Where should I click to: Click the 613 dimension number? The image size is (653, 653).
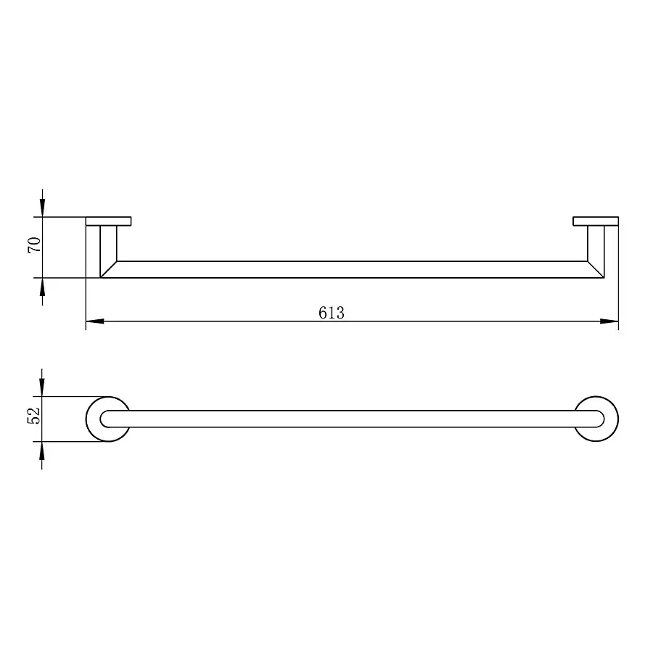[332, 313]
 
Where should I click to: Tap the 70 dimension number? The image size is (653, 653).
[34, 245]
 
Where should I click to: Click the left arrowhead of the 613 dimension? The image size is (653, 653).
[94, 321]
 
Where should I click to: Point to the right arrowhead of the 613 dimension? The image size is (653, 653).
[609, 321]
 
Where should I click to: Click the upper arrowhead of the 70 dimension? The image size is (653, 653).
[42, 208]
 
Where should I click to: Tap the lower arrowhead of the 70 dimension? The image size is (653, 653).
[42, 287]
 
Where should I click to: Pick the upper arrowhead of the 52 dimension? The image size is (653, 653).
[41, 387]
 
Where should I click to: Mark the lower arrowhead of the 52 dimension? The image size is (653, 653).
[41, 450]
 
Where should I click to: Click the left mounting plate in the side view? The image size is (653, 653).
[108, 221]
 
